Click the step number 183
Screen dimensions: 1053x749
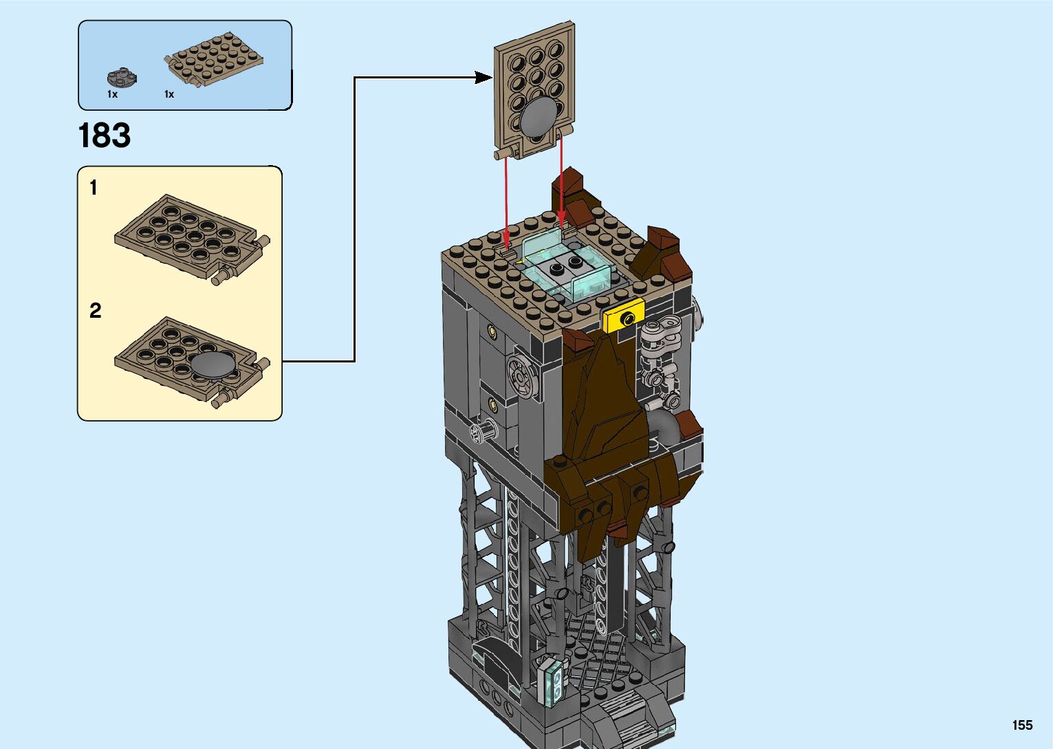(x=105, y=135)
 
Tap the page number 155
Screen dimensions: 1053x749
(x=1022, y=725)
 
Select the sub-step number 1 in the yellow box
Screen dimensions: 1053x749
(x=94, y=188)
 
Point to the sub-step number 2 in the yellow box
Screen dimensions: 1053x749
(x=95, y=311)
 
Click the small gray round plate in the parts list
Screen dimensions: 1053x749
(x=122, y=77)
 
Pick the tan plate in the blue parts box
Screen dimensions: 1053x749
(x=213, y=60)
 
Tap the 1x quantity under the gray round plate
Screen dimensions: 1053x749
(x=112, y=94)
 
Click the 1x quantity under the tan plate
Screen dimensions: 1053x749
(x=169, y=94)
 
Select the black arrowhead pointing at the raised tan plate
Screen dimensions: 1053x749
(x=484, y=78)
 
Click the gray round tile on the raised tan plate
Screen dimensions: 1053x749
(x=539, y=116)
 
